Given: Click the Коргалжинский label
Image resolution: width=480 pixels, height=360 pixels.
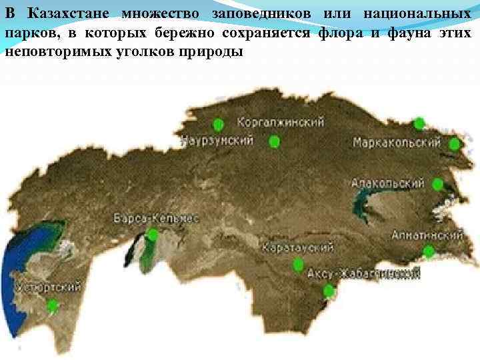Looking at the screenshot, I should [x=281, y=123].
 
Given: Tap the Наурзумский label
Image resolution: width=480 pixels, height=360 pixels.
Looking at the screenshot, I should [x=217, y=141].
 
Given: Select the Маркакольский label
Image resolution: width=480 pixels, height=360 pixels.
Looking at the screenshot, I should [x=397, y=143].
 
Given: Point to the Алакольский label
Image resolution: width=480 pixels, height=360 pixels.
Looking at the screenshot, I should [x=388, y=183].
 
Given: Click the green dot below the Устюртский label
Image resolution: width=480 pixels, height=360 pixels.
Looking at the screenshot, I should [x=53, y=305].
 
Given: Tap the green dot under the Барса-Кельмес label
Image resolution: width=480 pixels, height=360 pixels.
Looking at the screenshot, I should [x=153, y=235].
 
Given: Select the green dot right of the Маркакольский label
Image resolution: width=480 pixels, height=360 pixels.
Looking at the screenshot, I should [x=455, y=144].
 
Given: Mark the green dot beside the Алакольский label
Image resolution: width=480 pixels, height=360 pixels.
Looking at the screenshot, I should [x=437, y=185].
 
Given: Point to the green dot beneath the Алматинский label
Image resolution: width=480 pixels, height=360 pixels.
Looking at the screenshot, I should [x=429, y=251].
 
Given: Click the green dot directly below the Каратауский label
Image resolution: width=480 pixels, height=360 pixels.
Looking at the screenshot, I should [x=297, y=266].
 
